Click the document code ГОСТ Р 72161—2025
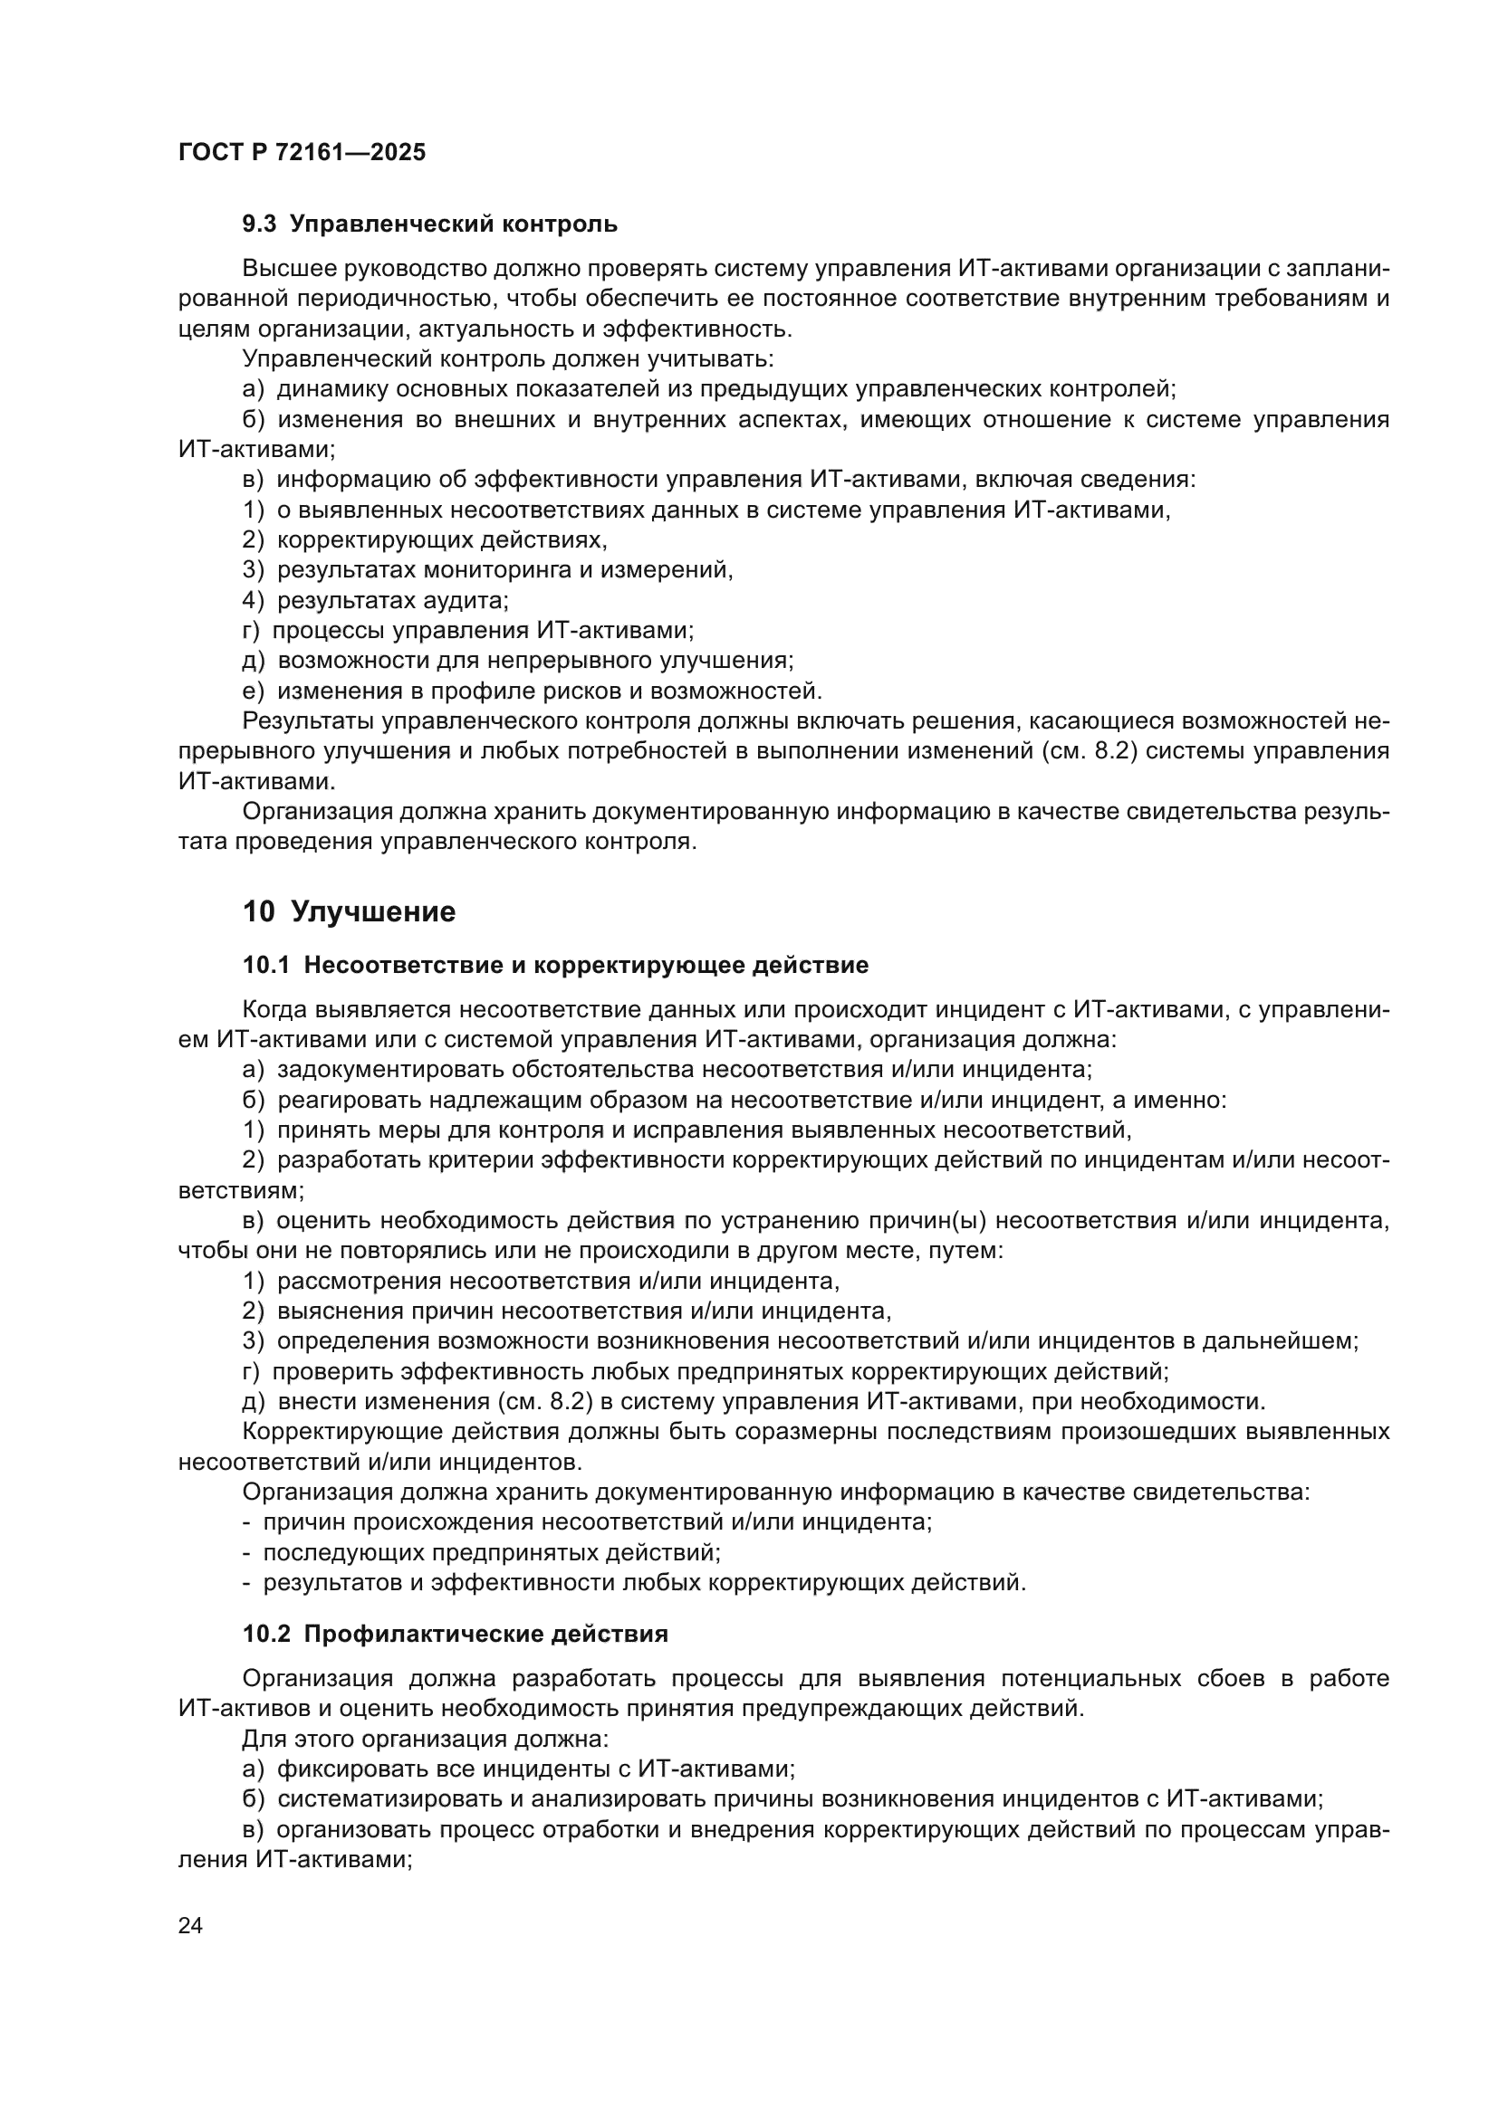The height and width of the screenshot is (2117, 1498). pyautogui.click(x=302, y=153)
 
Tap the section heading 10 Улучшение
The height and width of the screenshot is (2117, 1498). pyautogui.click(x=349, y=912)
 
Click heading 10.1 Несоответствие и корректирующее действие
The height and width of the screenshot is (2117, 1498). pyautogui.click(x=555, y=966)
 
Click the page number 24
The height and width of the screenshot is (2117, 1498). pyautogui.click(x=190, y=1925)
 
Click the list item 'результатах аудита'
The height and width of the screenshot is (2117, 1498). pyautogui.click(x=392, y=600)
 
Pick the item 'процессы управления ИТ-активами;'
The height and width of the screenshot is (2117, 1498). pyautogui.click(x=483, y=631)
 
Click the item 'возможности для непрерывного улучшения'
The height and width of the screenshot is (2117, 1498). pyautogui.click(x=535, y=660)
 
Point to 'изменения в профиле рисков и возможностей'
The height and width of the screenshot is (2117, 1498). pyautogui.click(x=549, y=691)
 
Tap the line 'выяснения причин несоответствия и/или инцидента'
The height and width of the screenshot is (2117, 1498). pyautogui.click(x=583, y=1311)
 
